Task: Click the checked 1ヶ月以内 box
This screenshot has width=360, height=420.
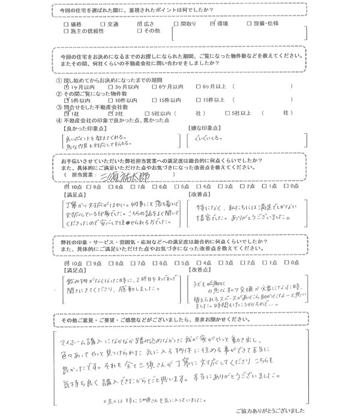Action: pos(67,87)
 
